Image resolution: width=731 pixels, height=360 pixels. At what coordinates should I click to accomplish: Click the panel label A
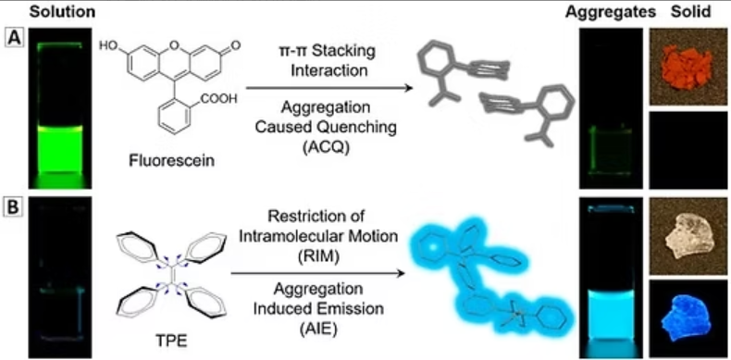point(12,37)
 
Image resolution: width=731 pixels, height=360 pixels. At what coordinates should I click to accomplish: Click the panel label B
point(12,206)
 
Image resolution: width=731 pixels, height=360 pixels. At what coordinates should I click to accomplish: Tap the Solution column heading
point(62,13)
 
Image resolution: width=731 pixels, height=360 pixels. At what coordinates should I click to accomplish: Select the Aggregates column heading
point(612,13)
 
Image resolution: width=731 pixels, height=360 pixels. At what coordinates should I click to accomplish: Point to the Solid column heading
point(691,13)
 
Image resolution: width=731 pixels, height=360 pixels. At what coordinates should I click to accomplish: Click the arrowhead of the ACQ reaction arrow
point(409,87)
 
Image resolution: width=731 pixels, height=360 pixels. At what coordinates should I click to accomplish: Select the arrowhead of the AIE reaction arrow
point(399,274)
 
